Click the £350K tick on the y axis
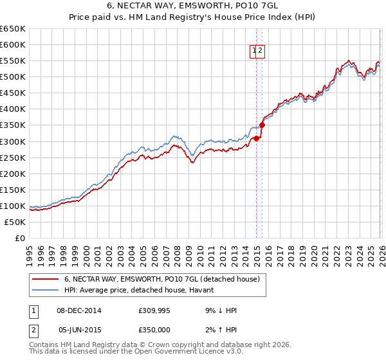coord(13,125)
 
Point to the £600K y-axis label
coord(13,44)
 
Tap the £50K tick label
coord(15,222)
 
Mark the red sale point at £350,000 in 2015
coord(262,125)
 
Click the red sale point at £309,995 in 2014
coord(256,138)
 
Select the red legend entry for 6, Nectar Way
coord(161,279)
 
